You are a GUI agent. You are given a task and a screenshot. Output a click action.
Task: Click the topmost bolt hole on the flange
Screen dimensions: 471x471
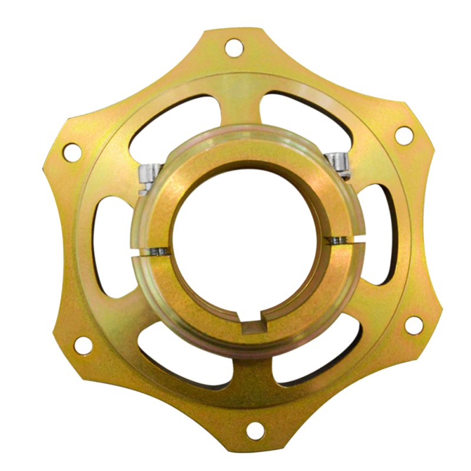(x=234, y=47)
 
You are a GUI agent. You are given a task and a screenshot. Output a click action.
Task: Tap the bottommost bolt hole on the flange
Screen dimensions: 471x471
(x=254, y=431)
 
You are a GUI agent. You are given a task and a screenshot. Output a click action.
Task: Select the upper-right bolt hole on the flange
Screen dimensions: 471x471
(x=403, y=134)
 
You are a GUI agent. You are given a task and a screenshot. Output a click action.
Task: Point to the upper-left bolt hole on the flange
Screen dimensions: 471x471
(x=71, y=152)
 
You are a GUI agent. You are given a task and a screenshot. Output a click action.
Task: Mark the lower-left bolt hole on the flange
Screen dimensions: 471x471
(x=83, y=344)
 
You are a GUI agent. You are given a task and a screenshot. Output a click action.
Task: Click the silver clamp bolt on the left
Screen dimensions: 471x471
(x=145, y=174)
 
